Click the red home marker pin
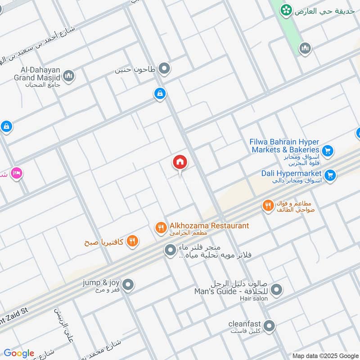coord(180,162)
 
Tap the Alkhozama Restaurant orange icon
coord(161,228)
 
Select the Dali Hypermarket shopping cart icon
coord(330,176)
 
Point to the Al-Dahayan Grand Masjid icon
coord(69,76)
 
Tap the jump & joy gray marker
coord(128,284)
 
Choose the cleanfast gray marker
coord(269,326)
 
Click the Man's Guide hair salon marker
coord(277,289)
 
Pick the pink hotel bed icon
coord(17,173)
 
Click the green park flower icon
coord(285,10)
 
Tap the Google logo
coord(19,353)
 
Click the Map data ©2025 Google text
coord(325,355)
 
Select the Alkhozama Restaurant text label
coord(209,225)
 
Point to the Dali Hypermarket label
coord(291,173)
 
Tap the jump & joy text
coord(101,283)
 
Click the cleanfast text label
coord(245,323)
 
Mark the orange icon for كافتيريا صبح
coord(132,240)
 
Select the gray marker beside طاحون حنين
coord(165,68)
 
